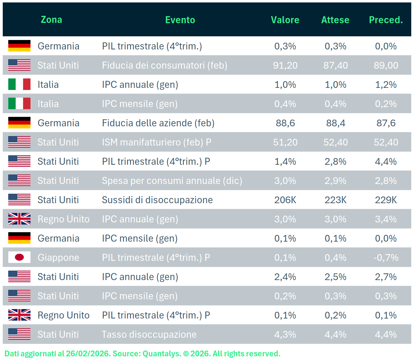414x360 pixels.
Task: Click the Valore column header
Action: [x=285, y=20]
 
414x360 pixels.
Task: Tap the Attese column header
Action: [x=335, y=20]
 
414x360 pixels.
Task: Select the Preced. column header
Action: [x=386, y=20]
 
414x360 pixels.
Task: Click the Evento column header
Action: [x=180, y=20]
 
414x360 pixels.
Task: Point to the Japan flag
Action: [x=19, y=257]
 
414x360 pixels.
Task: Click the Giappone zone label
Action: [x=58, y=257]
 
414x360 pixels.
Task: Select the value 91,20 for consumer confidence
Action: [x=285, y=65]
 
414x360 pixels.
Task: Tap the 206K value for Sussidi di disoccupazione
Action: [x=285, y=200]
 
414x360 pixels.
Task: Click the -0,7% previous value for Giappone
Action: [x=386, y=257]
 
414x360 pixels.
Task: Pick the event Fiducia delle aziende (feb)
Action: [x=158, y=123]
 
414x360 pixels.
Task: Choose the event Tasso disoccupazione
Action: [x=149, y=334]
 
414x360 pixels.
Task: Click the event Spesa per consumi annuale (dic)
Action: [x=172, y=181]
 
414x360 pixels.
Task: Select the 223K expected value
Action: [x=335, y=200]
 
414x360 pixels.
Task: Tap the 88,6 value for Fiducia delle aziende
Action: [x=285, y=123]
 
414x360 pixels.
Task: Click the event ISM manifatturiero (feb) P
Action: [x=157, y=142]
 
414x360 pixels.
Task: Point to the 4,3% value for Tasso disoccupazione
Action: [x=285, y=334]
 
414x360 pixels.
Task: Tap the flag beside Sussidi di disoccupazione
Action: [x=19, y=200]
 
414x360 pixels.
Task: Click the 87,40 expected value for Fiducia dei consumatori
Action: [x=335, y=65]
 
